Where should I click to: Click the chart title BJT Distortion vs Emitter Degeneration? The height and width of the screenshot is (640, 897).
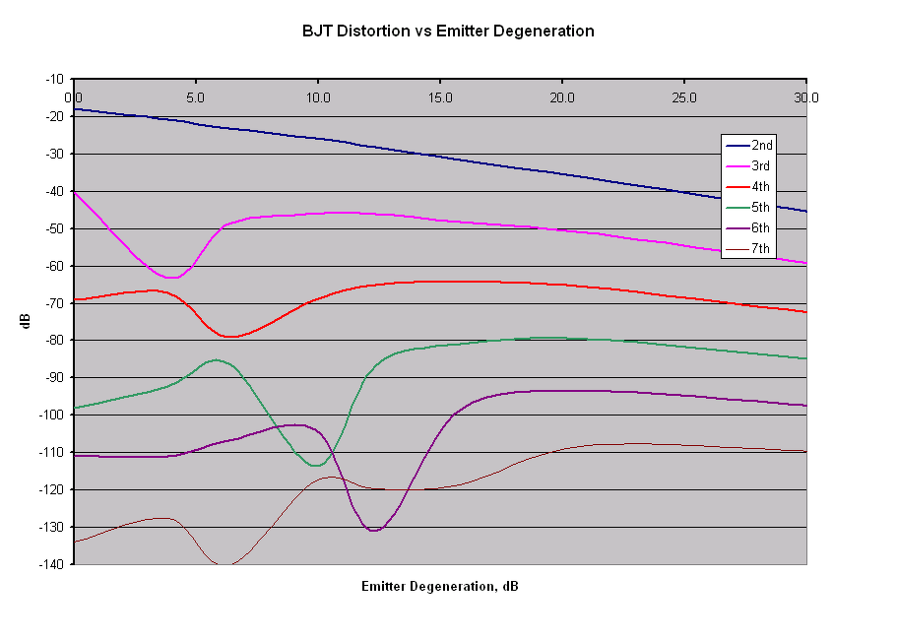click(448, 31)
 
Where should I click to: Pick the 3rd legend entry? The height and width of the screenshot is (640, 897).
click(748, 165)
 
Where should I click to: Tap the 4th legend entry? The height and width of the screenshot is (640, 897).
click(748, 186)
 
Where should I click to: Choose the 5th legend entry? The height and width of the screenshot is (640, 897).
click(748, 207)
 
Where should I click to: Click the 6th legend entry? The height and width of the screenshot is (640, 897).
click(748, 227)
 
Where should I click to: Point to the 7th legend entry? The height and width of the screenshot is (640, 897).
click(748, 248)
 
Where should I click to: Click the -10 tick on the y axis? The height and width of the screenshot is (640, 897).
click(55, 79)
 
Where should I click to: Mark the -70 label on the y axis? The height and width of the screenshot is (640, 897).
click(55, 303)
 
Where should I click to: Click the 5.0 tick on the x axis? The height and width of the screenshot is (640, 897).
click(195, 97)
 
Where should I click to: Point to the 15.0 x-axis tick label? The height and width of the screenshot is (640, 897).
click(440, 97)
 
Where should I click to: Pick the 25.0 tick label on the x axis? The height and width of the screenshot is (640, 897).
click(684, 97)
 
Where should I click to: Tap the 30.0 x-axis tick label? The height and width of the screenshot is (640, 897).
click(806, 97)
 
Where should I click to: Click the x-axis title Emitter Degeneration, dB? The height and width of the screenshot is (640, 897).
click(440, 586)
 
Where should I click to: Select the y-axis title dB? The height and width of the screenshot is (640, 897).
click(26, 321)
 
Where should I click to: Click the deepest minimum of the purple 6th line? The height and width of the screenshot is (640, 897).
click(373, 531)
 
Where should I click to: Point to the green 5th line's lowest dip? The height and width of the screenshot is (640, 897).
click(315, 466)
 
